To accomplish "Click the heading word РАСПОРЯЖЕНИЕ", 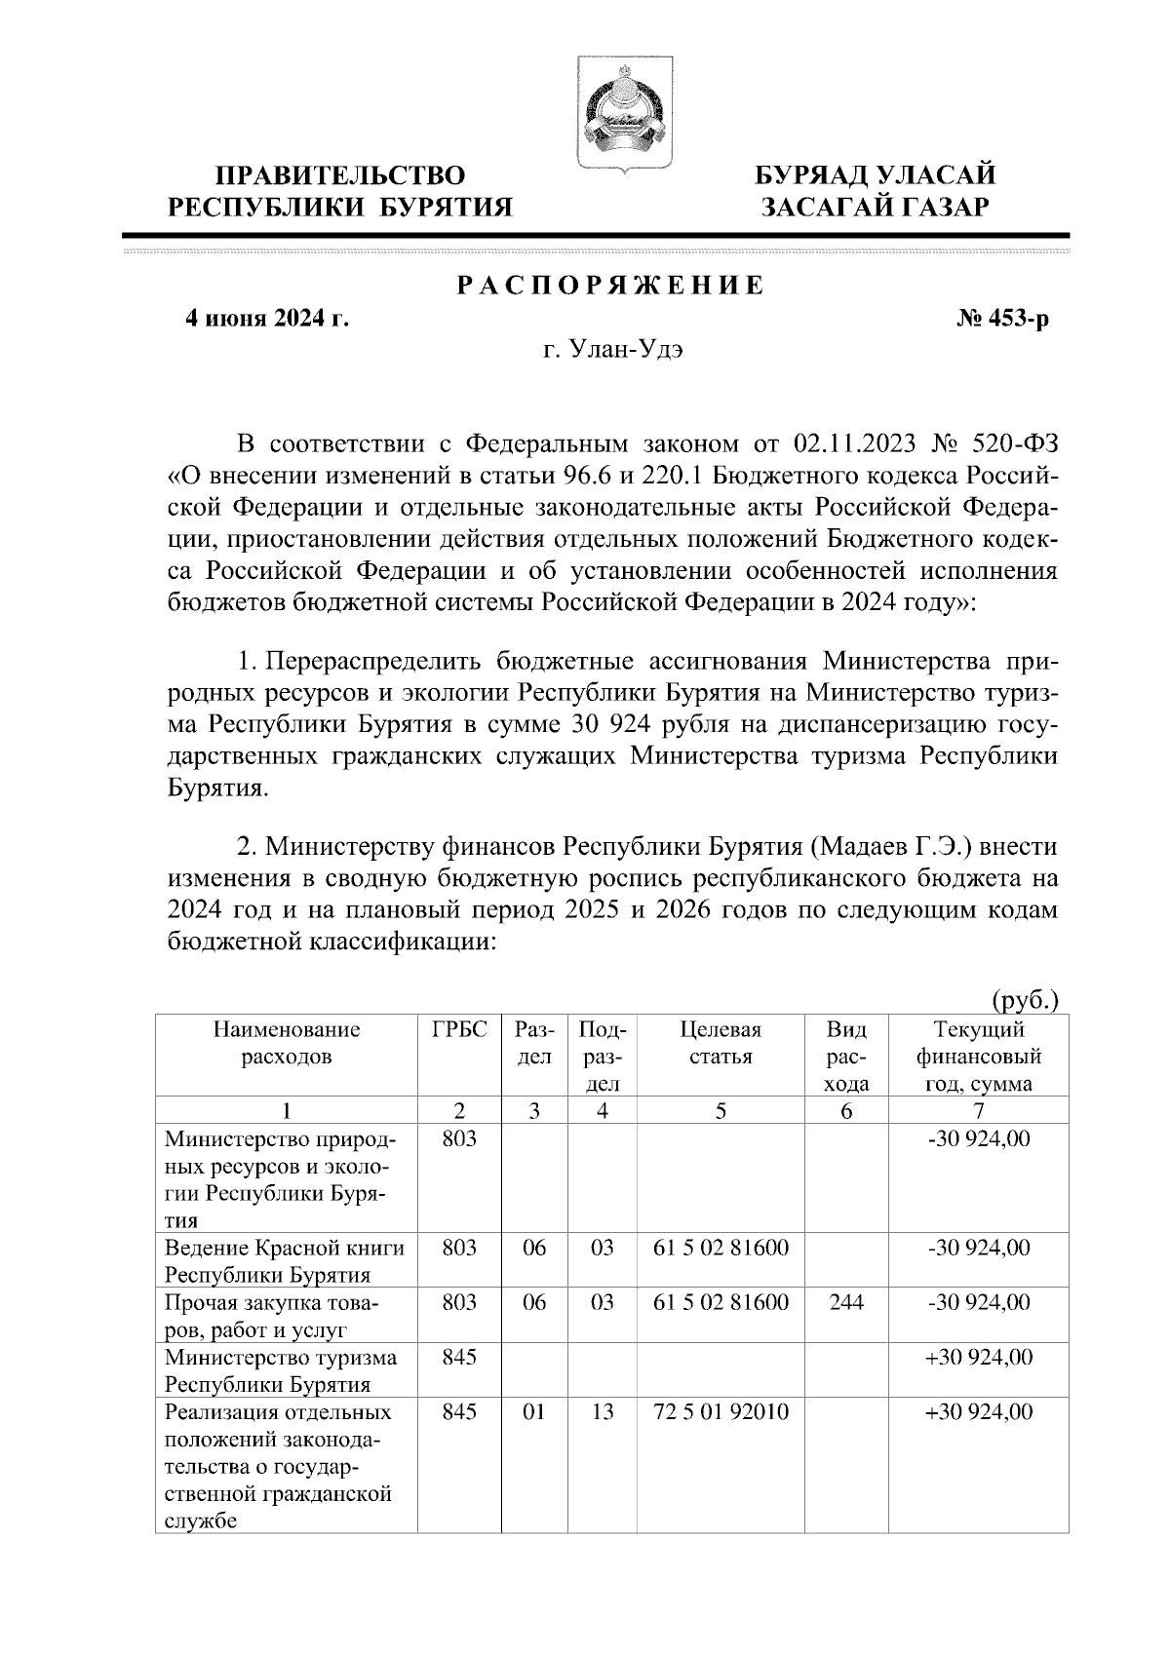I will coord(611,287).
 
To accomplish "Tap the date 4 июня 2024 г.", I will coord(267,319).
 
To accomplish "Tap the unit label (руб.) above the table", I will coord(1024,1000).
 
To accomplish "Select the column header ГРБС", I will coord(458,1030).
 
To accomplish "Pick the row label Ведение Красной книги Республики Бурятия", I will coord(285,1261).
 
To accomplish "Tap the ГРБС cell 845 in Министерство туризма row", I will coord(458,1358).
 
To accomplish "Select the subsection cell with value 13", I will coord(603,1412).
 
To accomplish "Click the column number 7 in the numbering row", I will coord(978,1111).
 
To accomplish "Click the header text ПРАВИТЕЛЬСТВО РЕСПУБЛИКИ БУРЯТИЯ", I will coord(340,191).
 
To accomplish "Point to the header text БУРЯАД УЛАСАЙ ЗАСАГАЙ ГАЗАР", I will coord(877,191).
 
